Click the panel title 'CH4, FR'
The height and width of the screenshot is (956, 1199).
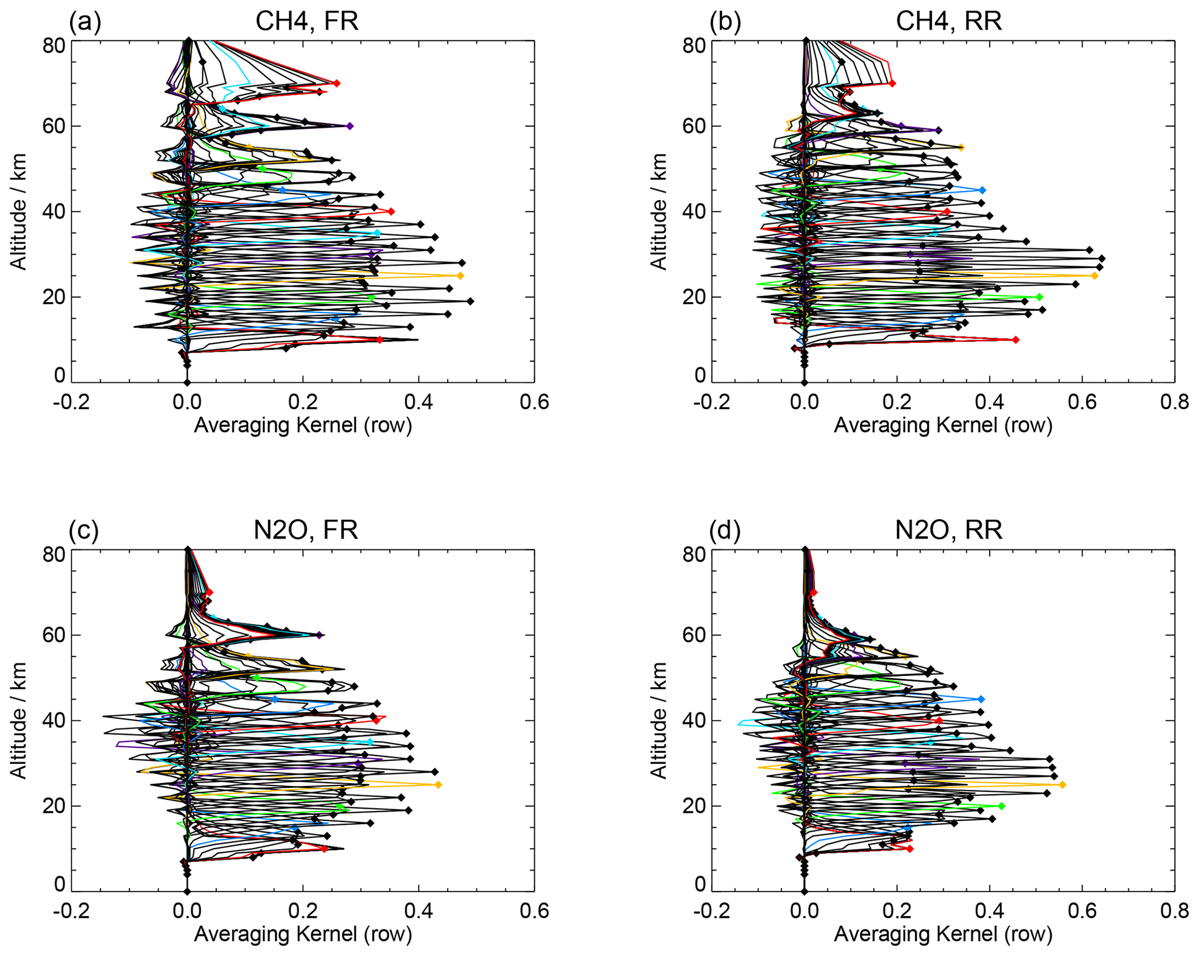pyautogui.click(x=307, y=21)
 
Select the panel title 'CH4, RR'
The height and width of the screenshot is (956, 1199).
pyautogui.click(x=948, y=21)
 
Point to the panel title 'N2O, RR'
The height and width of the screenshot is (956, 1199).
pyautogui.click(x=948, y=530)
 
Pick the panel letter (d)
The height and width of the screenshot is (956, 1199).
pyautogui.click(x=725, y=530)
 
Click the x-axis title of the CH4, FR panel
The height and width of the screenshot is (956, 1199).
pyautogui.click(x=303, y=425)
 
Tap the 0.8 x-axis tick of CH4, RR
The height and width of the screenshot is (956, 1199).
pyautogui.click(x=1174, y=401)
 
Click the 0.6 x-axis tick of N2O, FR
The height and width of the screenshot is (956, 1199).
pyautogui.click(x=534, y=910)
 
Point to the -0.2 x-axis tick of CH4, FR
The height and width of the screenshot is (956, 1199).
pyautogui.click(x=71, y=401)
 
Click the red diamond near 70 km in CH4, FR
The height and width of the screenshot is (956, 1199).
pyautogui.click(x=336, y=84)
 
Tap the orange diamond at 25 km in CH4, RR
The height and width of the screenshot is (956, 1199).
pyautogui.click(x=1095, y=276)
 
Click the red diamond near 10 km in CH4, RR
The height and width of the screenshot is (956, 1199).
pyautogui.click(x=1016, y=340)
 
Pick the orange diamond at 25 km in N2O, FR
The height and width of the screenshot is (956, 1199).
pyautogui.click(x=439, y=785)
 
